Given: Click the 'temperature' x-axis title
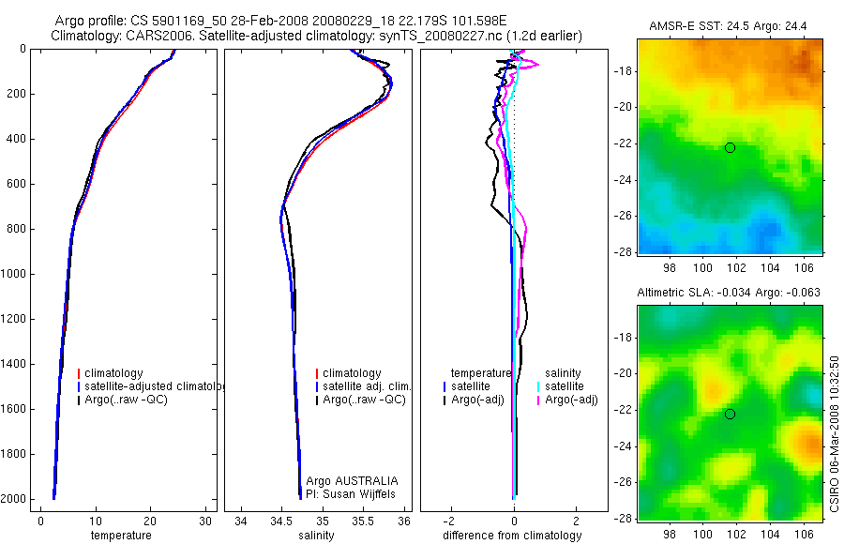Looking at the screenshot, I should coord(120,536).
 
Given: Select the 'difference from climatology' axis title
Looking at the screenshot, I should coord(512,536).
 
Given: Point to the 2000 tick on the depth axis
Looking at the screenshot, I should coord(16,499).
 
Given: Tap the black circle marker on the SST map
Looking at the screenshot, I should coord(730,147).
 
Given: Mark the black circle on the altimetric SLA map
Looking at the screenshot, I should coord(730,415).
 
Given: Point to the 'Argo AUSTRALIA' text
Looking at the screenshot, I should coord(345,480).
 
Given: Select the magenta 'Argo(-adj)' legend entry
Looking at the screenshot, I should coord(571,400).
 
